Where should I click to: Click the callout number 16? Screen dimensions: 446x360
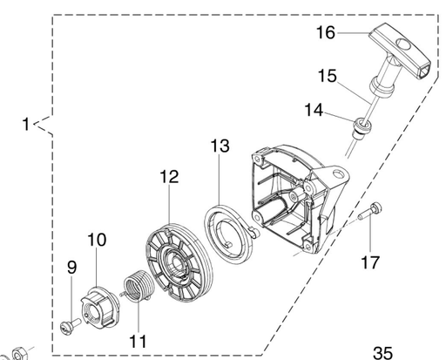pos(326,32)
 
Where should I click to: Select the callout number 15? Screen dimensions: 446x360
pos(328,76)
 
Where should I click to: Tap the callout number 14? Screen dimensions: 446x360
pos(314,111)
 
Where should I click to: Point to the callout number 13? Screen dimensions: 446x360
pos(220,146)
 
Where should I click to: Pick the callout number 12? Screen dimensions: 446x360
pos(169,177)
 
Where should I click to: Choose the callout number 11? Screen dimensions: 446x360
pos(138,342)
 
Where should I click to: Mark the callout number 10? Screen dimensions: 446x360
pos(97,240)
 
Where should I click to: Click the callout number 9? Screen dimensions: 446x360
pos(71,267)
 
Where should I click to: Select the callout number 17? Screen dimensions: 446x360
pos(370,262)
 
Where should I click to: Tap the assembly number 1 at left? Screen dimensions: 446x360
pos(26,124)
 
